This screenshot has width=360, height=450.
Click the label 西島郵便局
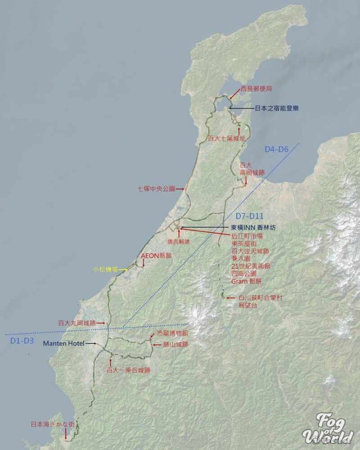click(x=256, y=89)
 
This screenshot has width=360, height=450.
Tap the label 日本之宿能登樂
click(x=277, y=108)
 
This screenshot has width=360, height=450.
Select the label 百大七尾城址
click(x=227, y=138)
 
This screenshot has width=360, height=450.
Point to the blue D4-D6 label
click(x=276, y=149)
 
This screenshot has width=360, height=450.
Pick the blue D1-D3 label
click(x=22, y=341)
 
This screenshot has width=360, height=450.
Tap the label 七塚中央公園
click(x=156, y=189)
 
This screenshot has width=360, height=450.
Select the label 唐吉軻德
click(x=179, y=242)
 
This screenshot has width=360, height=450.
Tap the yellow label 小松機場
click(x=105, y=270)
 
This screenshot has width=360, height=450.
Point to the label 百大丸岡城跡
click(x=77, y=323)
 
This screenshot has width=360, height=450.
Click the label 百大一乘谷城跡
click(x=128, y=370)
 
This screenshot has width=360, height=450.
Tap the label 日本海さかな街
click(x=49, y=424)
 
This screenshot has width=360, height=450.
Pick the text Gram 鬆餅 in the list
click(x=246, y=281)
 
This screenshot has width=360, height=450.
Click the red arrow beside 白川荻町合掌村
click(x=230, y=298)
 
